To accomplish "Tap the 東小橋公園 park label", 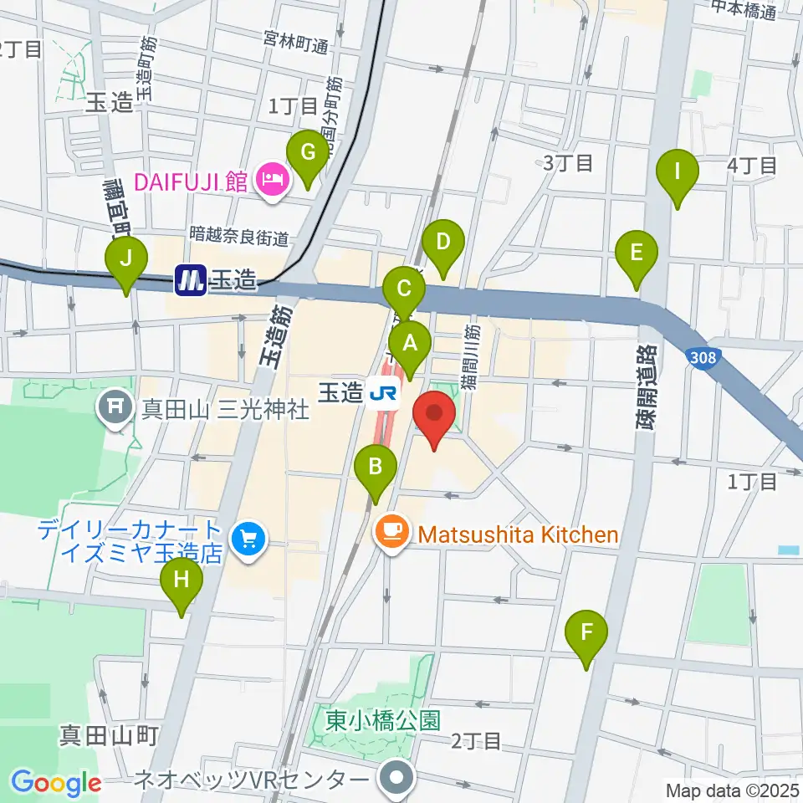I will pyautogui.click(x=383, y=720).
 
